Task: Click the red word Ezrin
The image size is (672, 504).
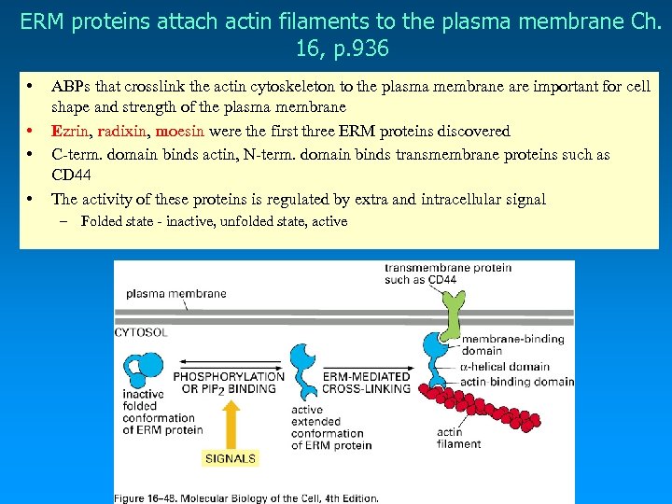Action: tap(71, 132)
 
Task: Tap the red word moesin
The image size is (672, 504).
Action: tap(182, 132)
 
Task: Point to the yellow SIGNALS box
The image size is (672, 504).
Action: tap(230, 458)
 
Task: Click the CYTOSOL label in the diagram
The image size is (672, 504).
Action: tap(143, 331)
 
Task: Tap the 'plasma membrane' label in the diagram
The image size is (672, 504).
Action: tap(176, 293)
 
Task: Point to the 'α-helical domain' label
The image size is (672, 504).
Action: tap(505, 367)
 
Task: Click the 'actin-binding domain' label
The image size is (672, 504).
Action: tap(515, 381)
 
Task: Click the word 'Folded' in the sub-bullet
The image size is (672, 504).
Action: tap(102, 221)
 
